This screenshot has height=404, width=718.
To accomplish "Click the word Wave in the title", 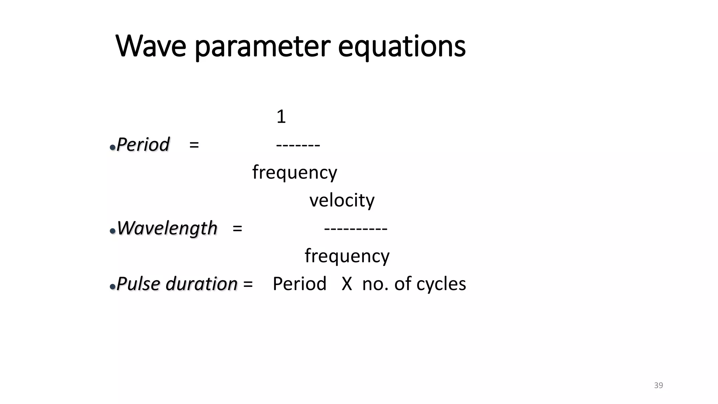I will tap(151, 46).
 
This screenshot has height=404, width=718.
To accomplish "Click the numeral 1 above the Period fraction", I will tap(281, 117).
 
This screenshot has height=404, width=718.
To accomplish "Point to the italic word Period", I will tap(143, 144).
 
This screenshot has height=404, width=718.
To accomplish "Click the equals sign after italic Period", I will tap(194, 144).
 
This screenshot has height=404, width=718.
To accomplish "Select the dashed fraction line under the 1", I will tap(298, 145).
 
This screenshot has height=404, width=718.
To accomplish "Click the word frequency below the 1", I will tap(294, 173).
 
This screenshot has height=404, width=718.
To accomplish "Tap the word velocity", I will tap(342, 200).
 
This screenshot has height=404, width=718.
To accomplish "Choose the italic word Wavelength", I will tap(167, 228).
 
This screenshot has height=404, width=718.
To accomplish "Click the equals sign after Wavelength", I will tap(237, 228).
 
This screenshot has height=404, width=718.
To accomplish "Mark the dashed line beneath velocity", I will tap(355, 229).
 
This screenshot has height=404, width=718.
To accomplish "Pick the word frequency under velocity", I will tap(347, 256).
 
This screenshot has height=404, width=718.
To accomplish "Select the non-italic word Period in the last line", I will tap(299, 284).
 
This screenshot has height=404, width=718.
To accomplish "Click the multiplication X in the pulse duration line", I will tap(347, 284).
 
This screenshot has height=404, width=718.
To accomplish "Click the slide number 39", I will tap(658, 385).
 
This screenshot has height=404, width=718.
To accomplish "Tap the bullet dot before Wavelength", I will tap(113, 231).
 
